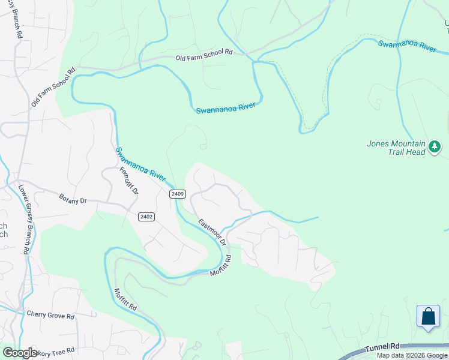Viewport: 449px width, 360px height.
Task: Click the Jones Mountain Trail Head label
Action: point(396,148)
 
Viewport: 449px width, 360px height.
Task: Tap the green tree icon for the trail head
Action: point(435,146)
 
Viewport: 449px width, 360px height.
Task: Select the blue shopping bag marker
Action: point(429,316)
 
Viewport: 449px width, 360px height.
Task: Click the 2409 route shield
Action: point(178,194)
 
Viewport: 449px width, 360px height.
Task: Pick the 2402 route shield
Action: point(146,217)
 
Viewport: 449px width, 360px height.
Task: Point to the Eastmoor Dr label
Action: point(211,231)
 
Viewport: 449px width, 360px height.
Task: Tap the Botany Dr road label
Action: point(73,198)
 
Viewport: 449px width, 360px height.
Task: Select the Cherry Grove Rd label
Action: point(50,315)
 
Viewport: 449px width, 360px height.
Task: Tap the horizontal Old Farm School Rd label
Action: point(203,52)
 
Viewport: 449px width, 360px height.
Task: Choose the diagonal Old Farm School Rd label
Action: point(53,88)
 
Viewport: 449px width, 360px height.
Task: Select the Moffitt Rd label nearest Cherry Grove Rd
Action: point(125,299)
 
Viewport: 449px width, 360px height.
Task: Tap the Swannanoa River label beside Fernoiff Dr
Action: point(140,164)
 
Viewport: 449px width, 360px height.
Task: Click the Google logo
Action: point(20,353)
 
